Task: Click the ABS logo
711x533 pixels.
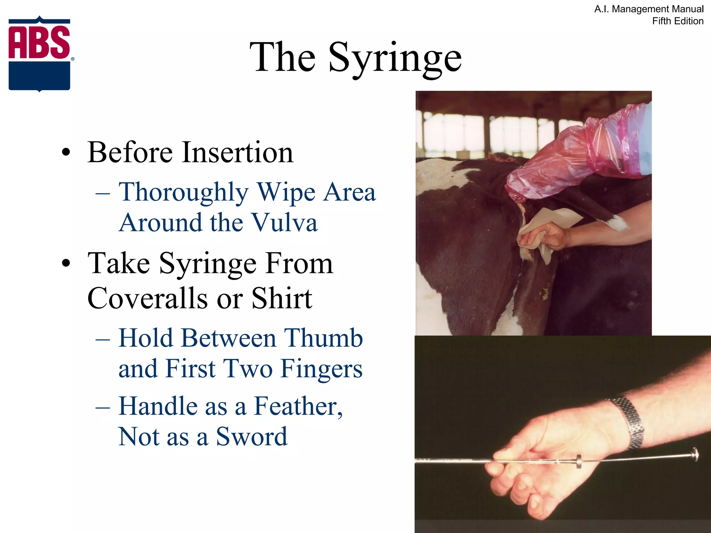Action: click(x=40, y=54)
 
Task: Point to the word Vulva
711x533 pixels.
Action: click(x=284, y=222)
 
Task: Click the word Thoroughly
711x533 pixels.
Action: click(x=183, y=192)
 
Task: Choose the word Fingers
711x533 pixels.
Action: click(x=321, y=369)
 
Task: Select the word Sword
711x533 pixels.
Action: click(x=251, y=437)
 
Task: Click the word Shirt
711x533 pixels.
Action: click(x=282, y=298)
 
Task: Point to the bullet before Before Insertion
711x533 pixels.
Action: click(x=66, y=153)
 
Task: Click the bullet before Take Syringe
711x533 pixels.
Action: click(x=66, y=263)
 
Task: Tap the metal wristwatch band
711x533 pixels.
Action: click(x=629, y=421)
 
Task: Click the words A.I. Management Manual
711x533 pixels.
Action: click(x=649, y=9)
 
